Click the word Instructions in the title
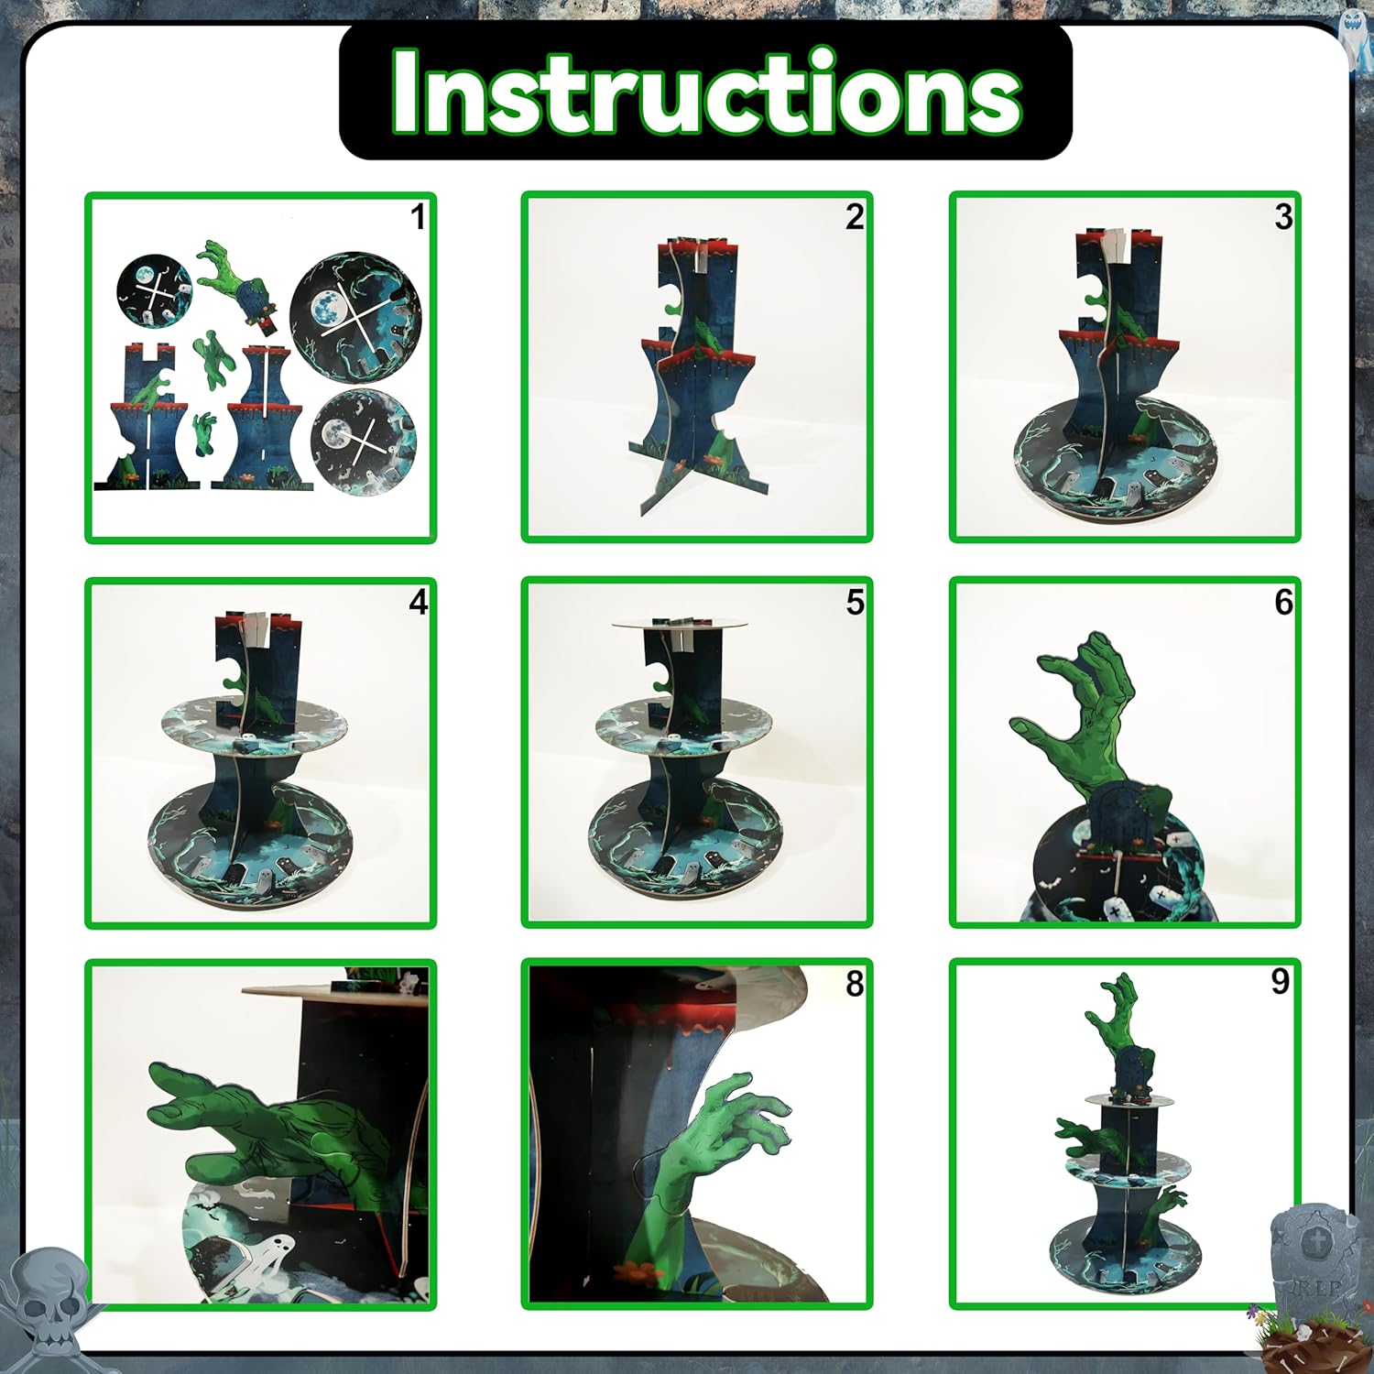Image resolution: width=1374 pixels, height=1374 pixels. (x=706, y=93)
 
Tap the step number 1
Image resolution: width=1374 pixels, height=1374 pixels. (x=418, y=217)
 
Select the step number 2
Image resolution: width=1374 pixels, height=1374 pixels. (x=855, y=217)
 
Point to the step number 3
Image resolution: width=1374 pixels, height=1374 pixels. (x=1283, y=217)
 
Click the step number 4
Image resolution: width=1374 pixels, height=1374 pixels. (x=419, y=602)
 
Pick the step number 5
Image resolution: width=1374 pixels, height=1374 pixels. (x=855, y=602)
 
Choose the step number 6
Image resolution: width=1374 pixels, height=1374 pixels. (x=1283, y=602)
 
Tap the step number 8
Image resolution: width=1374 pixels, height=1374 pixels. (x=855, y=984)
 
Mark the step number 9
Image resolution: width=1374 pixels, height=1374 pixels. (x=1281, y=981)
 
